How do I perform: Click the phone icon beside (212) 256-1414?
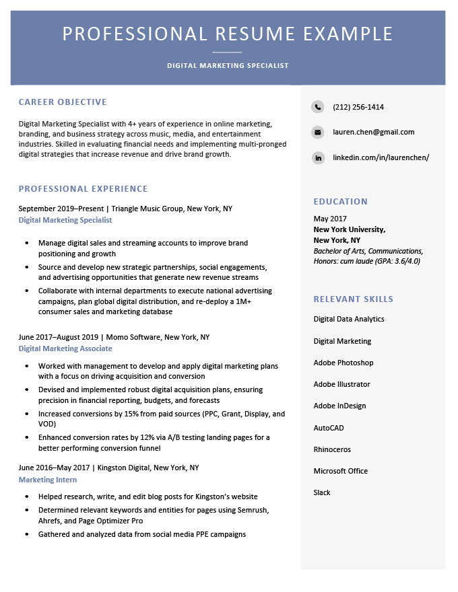coord(318,107)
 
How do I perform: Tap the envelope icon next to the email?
coord(318,132)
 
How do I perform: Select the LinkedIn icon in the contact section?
coord(318,157)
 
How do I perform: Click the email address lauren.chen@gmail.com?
coord(373,132)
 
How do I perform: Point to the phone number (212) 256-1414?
coord(358,107)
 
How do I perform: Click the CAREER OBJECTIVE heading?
coord(63,102)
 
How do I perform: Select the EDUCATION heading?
coord(341,201)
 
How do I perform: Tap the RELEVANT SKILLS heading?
coord(354,299)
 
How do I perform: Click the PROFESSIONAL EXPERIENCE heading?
coord(83,188)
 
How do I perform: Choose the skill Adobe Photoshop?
coord(343,363)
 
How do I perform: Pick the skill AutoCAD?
coord(329,428)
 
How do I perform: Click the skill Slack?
coord(322,492)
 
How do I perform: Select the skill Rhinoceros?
coord(332,449)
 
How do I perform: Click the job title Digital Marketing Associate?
coord(65,348)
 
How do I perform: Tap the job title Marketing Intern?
coord(48,480)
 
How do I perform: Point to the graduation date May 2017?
coord(330,219)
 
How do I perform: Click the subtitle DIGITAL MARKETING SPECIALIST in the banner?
coord(228,66)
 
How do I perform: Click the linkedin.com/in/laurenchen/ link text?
coord(381,157)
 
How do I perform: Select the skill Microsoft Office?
coord(341,471)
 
